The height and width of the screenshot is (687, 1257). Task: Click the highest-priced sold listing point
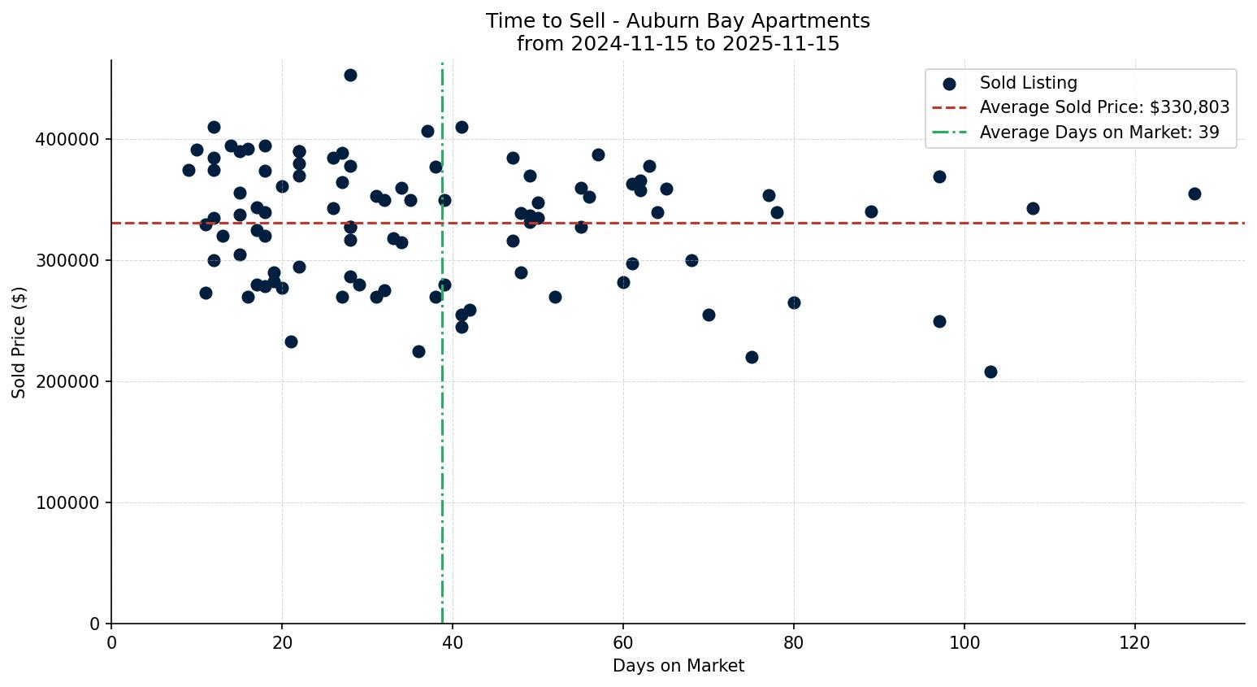click(x=350, y=75)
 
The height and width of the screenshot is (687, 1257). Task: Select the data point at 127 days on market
click(x=1194, y=193)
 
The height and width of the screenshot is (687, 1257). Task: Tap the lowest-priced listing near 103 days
click(x=990, y=372)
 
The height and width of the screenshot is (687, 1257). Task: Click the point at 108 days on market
click(x=1033, y=208)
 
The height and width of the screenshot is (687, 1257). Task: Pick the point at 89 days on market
click(x=871, y=211)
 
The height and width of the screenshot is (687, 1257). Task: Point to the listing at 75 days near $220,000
click(x=752, y=357)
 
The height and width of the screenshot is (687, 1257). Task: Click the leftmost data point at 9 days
click(x=189, y=170)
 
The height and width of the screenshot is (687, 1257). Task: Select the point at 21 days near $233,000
click(x=291, y=341)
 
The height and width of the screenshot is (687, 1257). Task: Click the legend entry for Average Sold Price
click(x=1103, y=107)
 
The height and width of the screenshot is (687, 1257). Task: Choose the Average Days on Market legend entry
click(x=1099, y=133)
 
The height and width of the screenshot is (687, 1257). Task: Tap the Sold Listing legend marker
click(x=949, y=83)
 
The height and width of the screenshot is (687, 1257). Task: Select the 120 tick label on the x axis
click(x=1135, y=643)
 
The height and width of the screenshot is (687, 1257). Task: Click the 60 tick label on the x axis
click(x=623, y=643)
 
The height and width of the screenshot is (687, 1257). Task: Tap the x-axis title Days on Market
click(x=678, y=666)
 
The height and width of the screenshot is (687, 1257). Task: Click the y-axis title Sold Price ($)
click(x=19, y=342)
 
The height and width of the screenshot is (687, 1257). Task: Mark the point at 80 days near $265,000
click(x=794, y=302)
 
